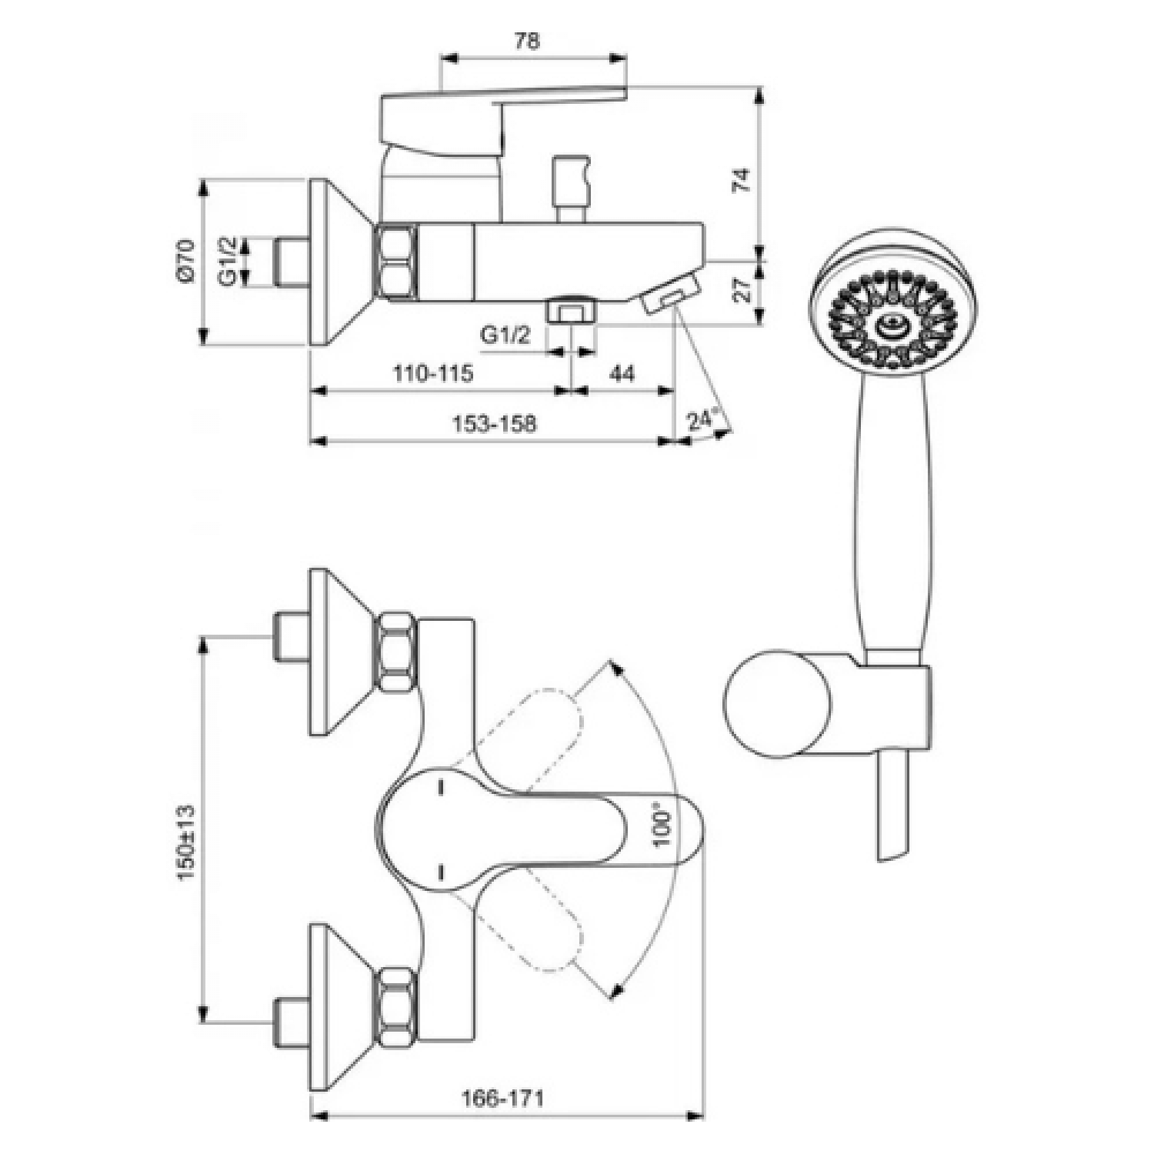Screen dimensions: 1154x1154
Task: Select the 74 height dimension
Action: (740, 180)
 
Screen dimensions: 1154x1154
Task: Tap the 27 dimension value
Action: (740, 290)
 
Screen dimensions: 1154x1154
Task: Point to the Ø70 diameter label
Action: (187, 262)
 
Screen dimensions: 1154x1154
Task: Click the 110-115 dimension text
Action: (433, 374)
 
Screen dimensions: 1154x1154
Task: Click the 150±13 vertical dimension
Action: (187, 842)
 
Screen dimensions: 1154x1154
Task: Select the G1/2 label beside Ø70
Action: (228, 262)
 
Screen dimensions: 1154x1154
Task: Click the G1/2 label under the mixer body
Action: (505, 336)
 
